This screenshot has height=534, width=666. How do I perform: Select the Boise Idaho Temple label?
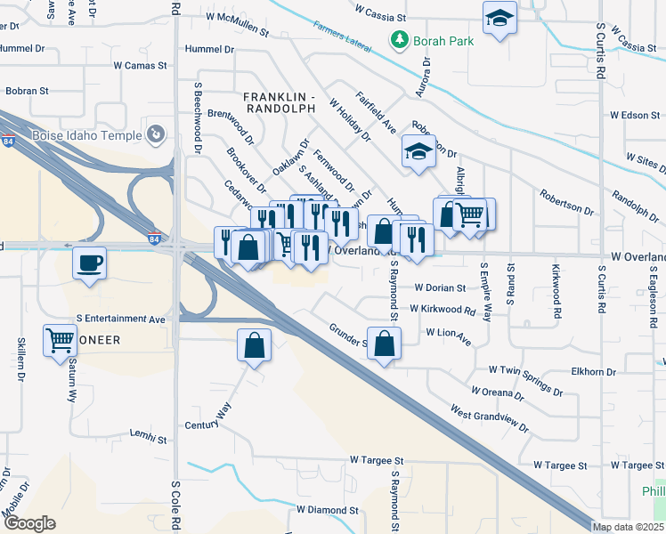click(x=86, y=135)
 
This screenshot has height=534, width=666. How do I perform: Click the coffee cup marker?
click(x=89, y=263)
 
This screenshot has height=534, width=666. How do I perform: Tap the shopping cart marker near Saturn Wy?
click(x=60, y=339)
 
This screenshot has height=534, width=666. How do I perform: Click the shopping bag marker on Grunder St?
click(x=384, y=344)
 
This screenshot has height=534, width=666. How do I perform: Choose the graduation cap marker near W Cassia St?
click(x=500, y=18)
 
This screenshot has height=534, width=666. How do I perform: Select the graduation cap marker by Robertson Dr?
click(x=418, y=151)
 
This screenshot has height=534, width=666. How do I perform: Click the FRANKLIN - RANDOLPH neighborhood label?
click(x=280, y=101)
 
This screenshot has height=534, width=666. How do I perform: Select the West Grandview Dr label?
click(x=489, y=421)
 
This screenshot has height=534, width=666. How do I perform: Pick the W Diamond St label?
click(x=327, y=511)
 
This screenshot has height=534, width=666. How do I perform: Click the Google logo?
click(x=29, y=523)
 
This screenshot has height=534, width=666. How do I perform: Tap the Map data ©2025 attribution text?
click(x=628, y=527)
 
